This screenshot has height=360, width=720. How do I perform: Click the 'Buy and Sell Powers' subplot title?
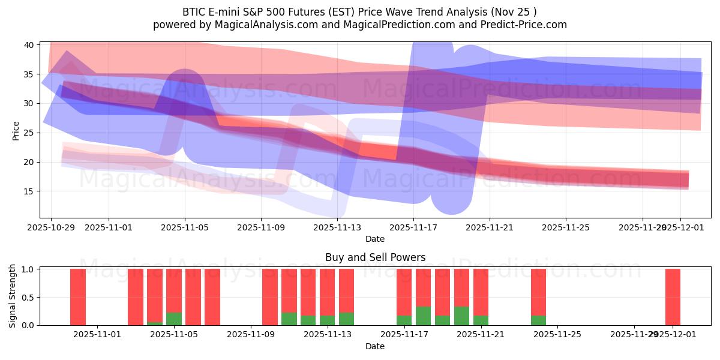(x=375, y=257)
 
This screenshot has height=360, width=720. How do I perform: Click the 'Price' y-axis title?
(x=16, y=130)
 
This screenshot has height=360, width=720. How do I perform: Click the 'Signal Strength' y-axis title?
(x=13, y=296)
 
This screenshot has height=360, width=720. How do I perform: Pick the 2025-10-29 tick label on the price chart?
(x=51, y=227)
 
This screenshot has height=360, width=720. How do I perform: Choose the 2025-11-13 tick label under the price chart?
(x=337, y=227)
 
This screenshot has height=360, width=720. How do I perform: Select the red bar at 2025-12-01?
(x=673, y=297)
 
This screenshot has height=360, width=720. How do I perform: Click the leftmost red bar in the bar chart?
(x=78, y=297)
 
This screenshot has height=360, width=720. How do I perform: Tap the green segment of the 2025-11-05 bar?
(x=174, y=319)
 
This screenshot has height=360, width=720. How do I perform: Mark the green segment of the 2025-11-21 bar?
(x=481, y=320)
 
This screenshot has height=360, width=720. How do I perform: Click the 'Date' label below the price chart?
(x=375, y=239)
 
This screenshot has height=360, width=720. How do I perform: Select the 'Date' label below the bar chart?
(x=375, y=346)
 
